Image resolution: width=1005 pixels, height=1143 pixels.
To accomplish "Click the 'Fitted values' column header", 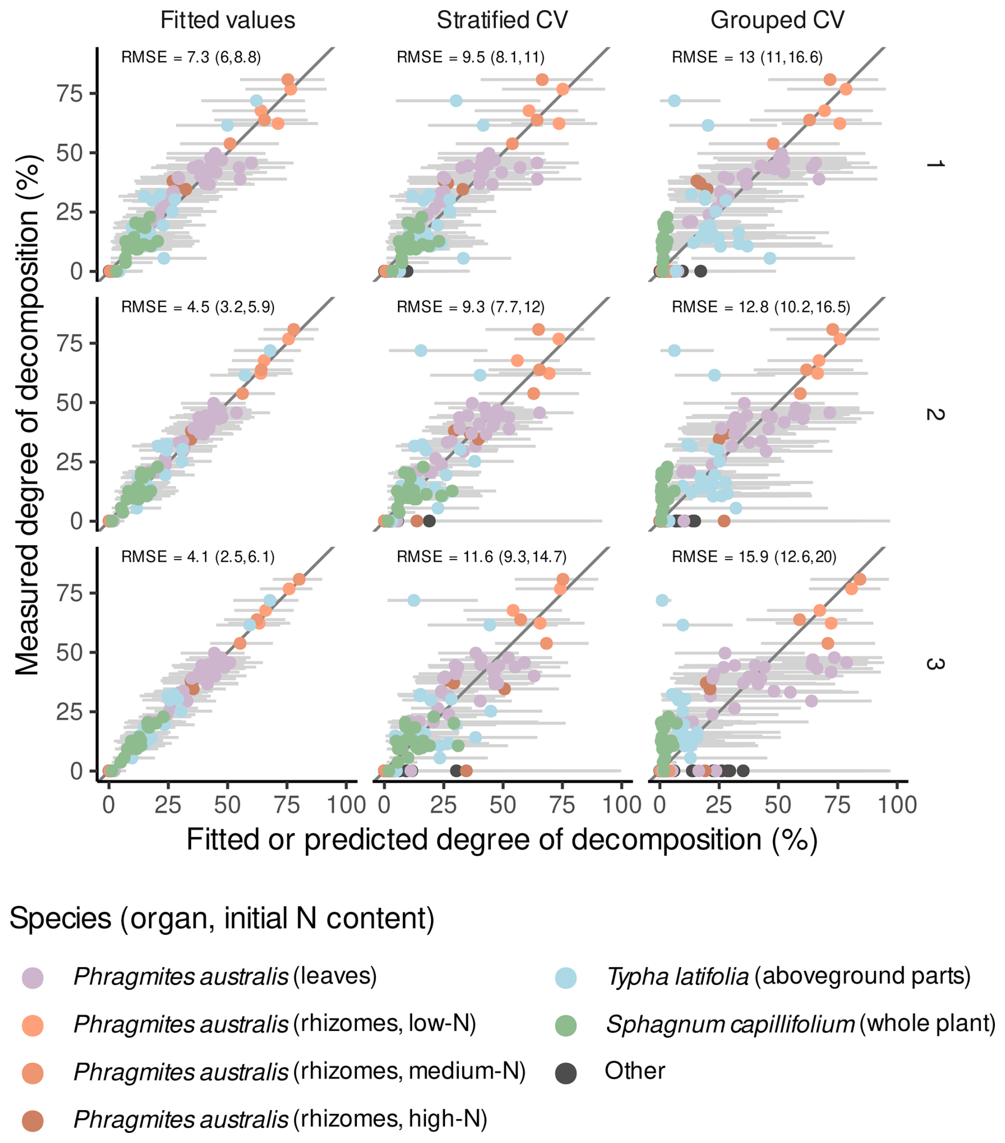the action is pos(227,21).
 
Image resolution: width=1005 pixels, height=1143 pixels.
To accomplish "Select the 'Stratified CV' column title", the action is pos(502,21).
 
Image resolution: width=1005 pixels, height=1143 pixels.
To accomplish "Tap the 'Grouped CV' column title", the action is pos(777,21).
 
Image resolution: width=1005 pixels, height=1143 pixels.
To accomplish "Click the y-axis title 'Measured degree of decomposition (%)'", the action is pos(28,414).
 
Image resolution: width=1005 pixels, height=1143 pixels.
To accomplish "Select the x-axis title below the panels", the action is pos(502,840).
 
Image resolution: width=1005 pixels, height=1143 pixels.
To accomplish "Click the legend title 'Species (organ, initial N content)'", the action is pos(222,919).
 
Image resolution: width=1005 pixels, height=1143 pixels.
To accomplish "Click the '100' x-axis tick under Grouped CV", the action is pos(897,805).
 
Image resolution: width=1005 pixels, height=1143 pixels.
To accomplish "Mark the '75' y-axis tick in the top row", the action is pos(69,94).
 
